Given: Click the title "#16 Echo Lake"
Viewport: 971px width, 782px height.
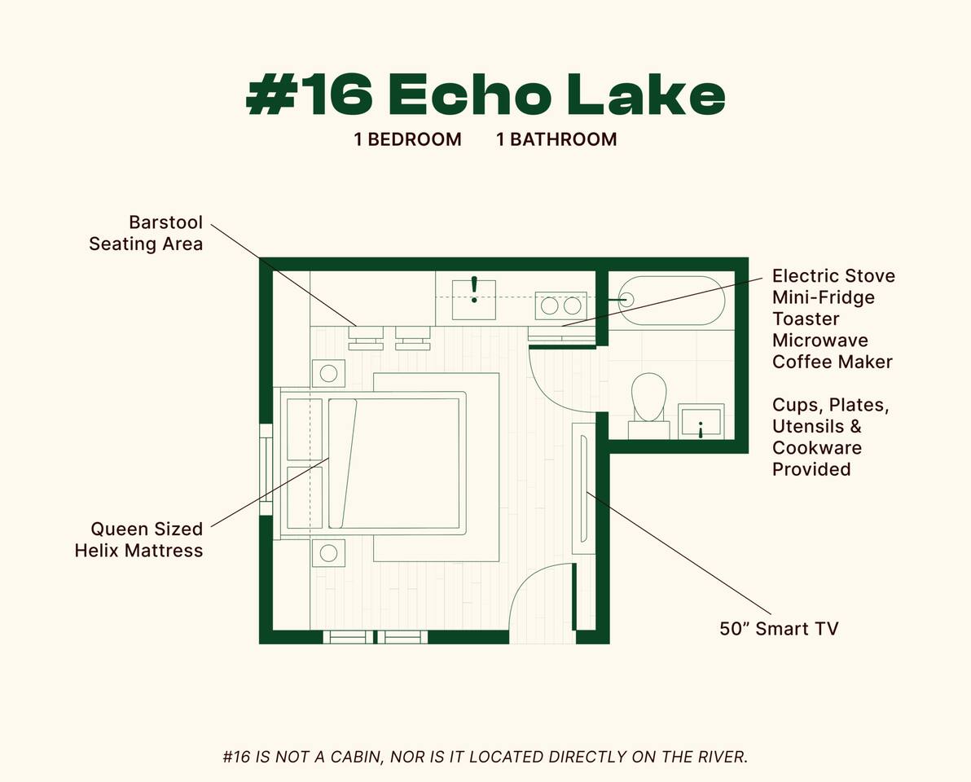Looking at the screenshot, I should pos(485,96).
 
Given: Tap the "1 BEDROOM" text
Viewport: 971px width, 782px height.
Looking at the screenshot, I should pos(407,139).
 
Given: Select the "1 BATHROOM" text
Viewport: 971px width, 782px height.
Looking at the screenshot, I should pos(556,139).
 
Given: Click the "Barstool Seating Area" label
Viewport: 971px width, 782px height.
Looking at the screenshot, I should pos(146,233).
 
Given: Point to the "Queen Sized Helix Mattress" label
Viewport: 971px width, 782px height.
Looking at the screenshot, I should pos(138,539).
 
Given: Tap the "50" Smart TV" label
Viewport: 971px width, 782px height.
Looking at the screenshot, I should pos(779,628).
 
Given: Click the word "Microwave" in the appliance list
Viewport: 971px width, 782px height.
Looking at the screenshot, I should pos(820,340).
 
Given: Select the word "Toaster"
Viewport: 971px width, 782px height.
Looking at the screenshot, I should pos(806,319).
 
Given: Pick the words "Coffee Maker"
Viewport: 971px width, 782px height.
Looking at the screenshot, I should pos(833,361).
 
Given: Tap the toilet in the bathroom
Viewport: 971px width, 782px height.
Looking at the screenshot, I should pos(649,400).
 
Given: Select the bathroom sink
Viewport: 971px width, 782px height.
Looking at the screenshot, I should pos(701,420).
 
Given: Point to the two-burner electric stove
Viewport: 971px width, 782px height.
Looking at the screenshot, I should pos(560,305).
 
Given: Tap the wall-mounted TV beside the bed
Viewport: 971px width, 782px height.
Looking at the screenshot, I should pos(584,489).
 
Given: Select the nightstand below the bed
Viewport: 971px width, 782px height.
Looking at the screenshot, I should pos(328,553).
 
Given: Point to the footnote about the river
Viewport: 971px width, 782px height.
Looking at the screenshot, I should pos(485,757).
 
